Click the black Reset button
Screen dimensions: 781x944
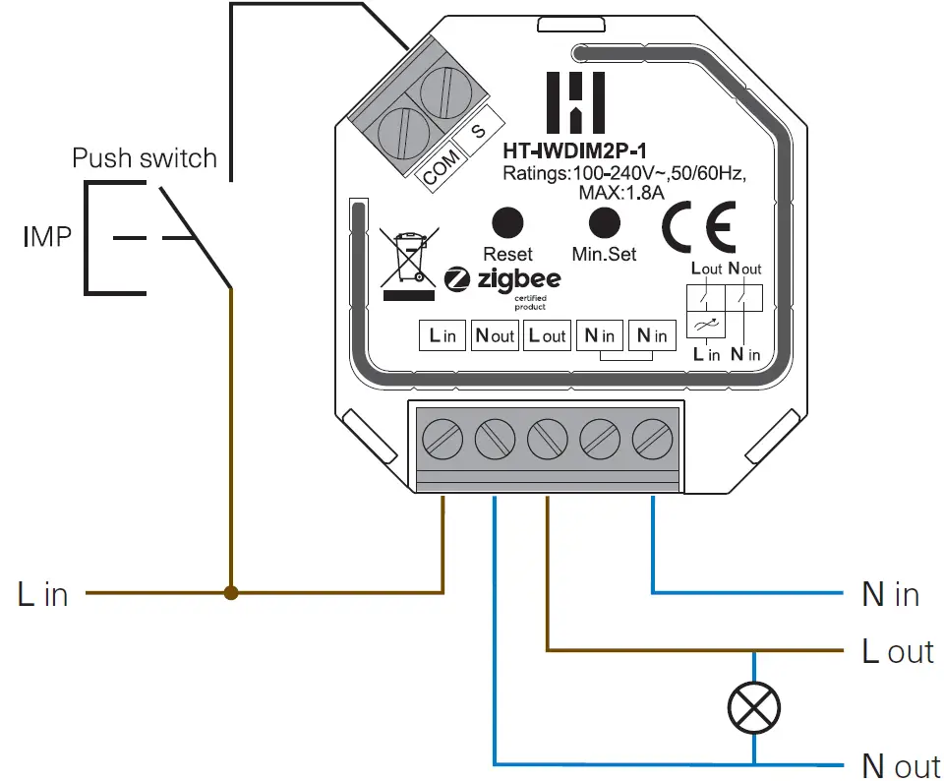pyautogui.click(x=507, y=221)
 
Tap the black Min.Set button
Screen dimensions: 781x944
pyautogui.click(x=604, y=221)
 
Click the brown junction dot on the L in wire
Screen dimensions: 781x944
pyautogui.click(x=231, y=593)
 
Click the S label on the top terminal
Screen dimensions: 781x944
pyautogui.click(x=479, y=131)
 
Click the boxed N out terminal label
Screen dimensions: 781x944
pyautogui.click(x=495, y=335)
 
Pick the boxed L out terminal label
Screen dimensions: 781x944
pyautogui.click(x=547, y=335)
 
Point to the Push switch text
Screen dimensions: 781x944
pyautogui.click(x=145, y=158)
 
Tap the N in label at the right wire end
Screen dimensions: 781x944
pyautogui.click(x=890, y=594)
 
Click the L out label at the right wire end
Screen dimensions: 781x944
pyautogui.click(x=897, y=651)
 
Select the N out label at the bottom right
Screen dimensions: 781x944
pyautogui.click(x=901, y=765)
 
